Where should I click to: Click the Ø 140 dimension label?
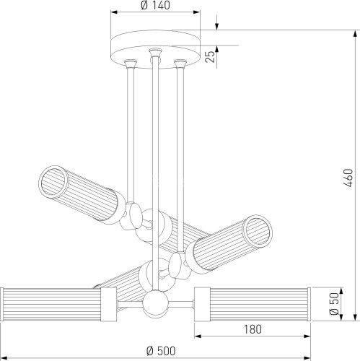(155, 5)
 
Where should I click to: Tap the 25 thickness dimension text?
(210, 57)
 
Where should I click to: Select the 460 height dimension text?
(348, 178)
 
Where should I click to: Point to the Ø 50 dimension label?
(334, 304)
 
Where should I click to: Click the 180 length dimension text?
(253, 329)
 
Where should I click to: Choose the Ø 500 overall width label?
(161, 351)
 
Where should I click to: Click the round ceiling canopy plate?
(155, 49)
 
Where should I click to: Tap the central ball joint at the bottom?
(155, 304)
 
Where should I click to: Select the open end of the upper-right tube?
(258, 230)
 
